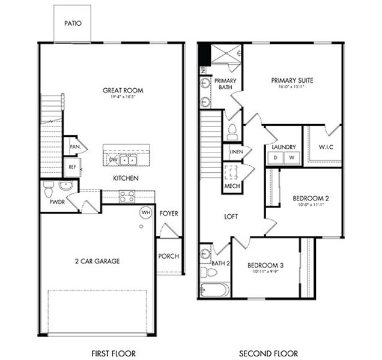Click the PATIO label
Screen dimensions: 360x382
73,24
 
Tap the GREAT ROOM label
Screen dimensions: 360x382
123,91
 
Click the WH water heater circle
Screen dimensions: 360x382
145,212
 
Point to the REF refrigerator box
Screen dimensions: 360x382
71,167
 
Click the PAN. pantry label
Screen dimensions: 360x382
75,146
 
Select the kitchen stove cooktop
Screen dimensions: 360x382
127,195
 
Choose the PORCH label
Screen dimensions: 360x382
169,256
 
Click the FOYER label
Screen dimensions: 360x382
169,214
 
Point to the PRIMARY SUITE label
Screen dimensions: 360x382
292,80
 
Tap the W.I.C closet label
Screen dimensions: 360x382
325,147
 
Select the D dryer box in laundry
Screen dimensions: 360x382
276,158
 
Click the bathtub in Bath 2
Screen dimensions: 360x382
214,290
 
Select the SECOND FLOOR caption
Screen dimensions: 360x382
268,353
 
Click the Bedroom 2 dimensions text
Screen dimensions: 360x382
311,205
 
